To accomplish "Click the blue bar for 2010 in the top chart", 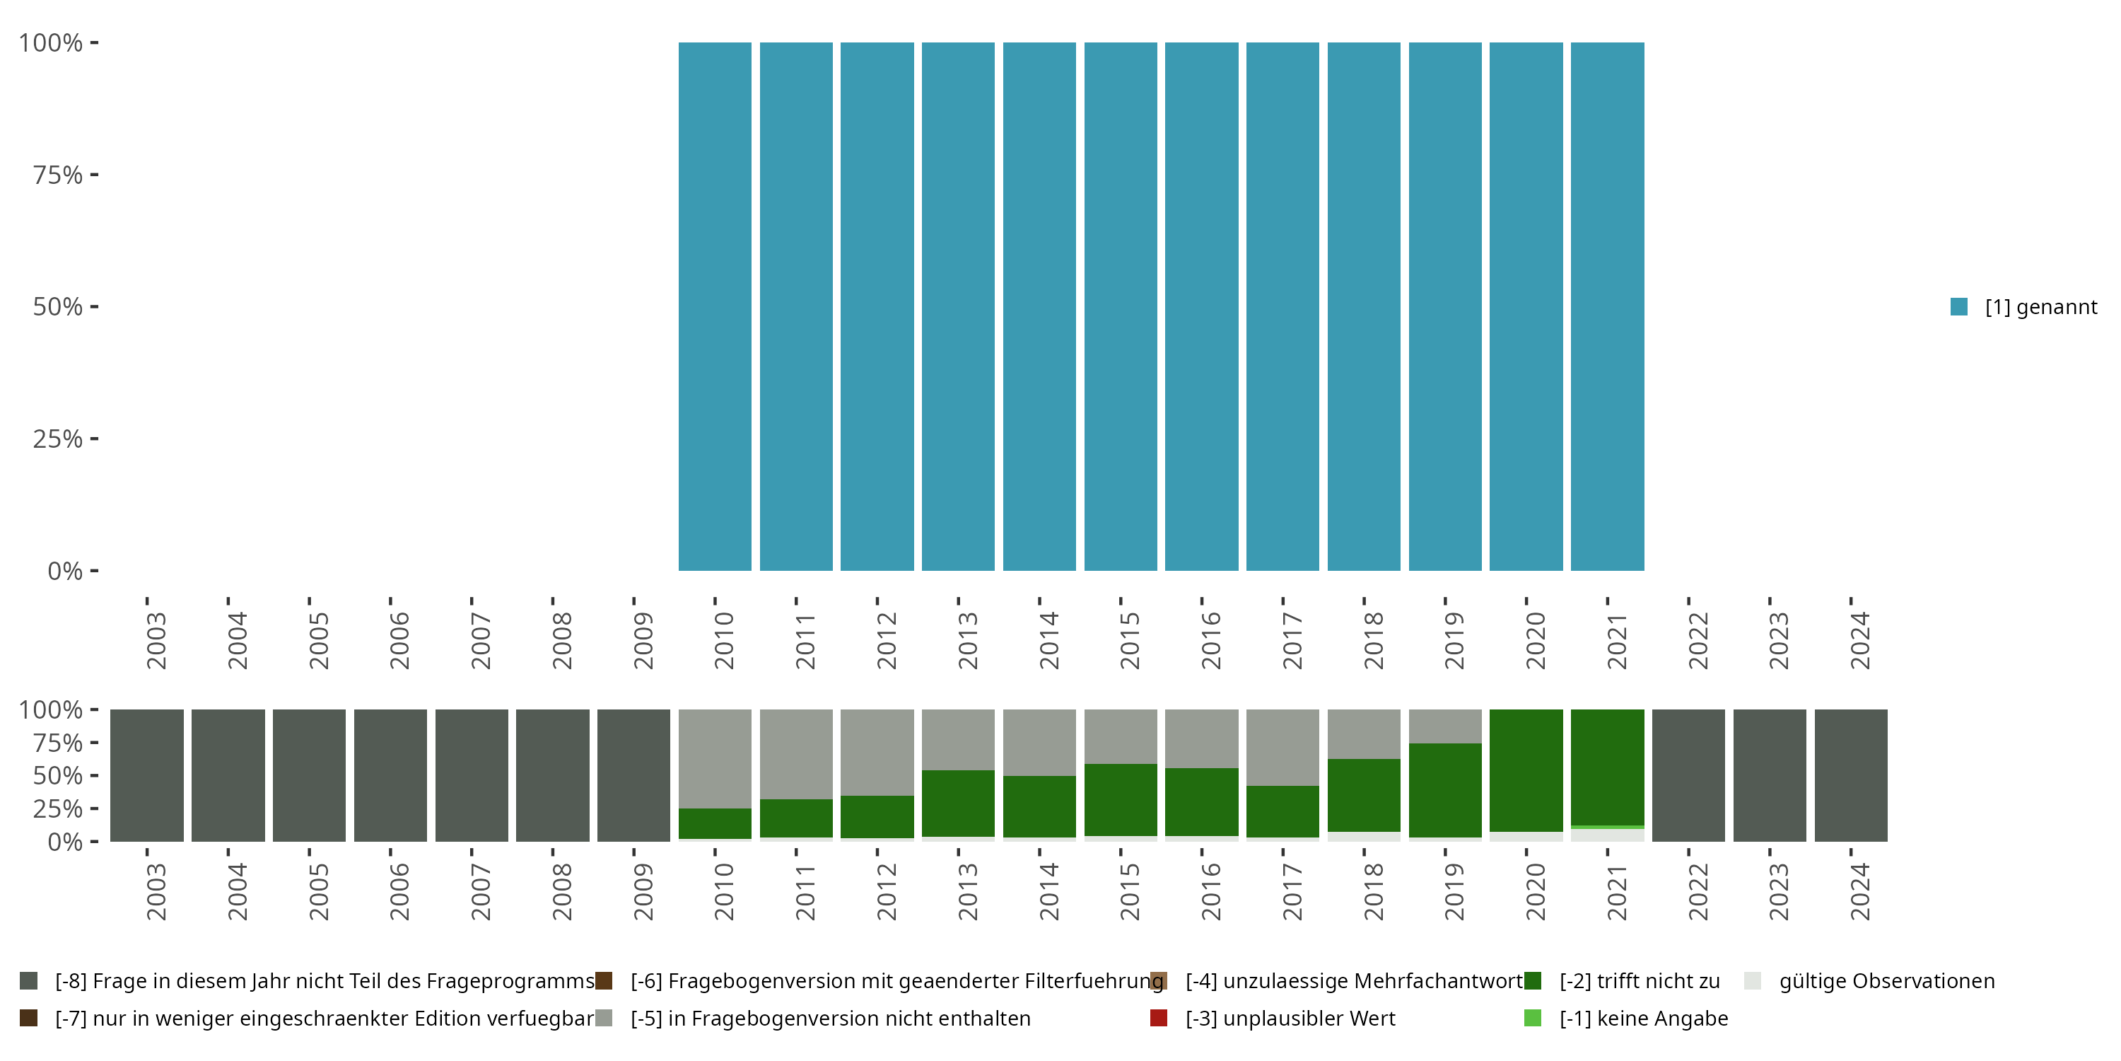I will tap(715, 306).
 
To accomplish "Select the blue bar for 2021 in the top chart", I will tap(1607, 306).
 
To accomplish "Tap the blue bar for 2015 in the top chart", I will tap(1121, 306).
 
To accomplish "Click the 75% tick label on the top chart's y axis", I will tap(58, 175).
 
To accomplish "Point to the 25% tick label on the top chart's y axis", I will tap(58, 439).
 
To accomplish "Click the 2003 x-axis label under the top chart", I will tap(156, 640).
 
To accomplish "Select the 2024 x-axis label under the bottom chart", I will tap(1860, 891).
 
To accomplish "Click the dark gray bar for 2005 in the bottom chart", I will tap(310, 775).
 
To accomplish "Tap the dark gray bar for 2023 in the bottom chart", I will tap(1770, 775).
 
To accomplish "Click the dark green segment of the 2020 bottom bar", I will tap(1526, 770).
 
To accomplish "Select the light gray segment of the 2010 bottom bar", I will tap(715, 758).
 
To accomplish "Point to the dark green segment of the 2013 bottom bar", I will tap(959, 803).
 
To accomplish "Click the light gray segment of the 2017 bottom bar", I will tap(1282, 747).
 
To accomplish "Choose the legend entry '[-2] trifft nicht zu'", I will tap(1639, 981).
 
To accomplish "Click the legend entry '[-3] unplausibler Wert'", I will tap(1290, 1018).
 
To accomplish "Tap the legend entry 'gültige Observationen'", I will tap(1886, 981).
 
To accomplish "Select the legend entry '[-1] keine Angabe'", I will tap(1642, 1018).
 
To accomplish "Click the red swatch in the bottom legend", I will tap(1159, 1018).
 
